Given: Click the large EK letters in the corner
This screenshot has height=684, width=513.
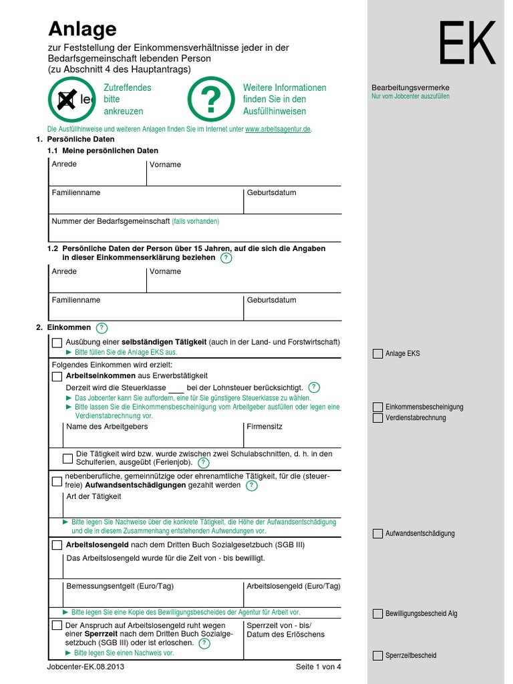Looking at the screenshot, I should click(467, 43).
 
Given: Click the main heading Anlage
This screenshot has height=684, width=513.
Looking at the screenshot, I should click(82, 29).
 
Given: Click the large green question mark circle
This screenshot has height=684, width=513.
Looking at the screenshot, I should click(210, 100).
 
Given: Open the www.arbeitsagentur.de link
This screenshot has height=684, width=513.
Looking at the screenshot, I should click(278, 129).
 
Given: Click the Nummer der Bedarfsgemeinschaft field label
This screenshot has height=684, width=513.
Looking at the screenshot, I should click(111, 221).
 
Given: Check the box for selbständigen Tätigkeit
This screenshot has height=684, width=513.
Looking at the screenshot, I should click(57, 343).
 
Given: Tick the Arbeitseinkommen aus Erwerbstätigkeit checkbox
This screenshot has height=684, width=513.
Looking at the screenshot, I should click(57, 376).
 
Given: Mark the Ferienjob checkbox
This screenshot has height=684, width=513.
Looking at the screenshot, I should click(67, 458).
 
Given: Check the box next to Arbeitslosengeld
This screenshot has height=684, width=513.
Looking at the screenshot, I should click(57, 545).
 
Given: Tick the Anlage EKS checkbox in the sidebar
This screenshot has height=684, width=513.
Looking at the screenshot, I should click(378, 354).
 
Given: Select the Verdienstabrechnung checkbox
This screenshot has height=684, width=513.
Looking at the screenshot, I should click(378, 417).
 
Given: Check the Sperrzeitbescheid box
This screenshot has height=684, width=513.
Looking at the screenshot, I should click(378, 655).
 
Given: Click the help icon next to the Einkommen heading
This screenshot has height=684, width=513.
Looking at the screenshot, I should click(102, 327).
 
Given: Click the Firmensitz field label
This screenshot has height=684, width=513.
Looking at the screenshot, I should click(265, 426).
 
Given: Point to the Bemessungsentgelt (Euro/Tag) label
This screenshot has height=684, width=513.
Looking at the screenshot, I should click(120, 586).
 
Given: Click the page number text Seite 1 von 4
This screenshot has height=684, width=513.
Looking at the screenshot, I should click(318, 667).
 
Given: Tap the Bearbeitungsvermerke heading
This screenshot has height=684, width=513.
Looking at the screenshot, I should click(410, 88).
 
